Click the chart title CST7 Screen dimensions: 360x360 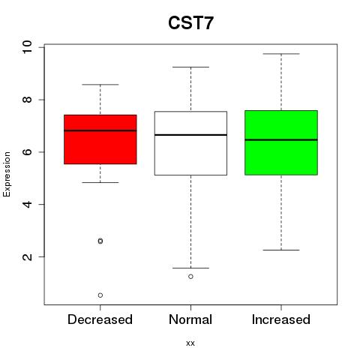190,23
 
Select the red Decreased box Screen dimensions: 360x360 100,139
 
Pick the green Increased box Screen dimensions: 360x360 281,142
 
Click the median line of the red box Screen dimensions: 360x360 100,130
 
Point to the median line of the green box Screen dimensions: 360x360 281,139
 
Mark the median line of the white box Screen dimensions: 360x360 190,135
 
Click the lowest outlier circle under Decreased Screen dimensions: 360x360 100,295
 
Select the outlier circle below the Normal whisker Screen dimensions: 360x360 190,277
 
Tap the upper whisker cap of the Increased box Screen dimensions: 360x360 281,54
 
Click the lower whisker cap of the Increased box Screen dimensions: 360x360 281,250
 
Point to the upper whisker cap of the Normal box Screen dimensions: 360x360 190,67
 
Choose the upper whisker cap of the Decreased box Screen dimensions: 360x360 100,85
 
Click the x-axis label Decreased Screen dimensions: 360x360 100,319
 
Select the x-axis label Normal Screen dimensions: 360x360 190,319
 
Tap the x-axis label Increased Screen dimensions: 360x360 281,319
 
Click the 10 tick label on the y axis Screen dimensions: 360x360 27,47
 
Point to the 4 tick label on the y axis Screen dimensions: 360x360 27,204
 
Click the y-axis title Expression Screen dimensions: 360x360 7,174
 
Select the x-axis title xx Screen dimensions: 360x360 190,343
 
